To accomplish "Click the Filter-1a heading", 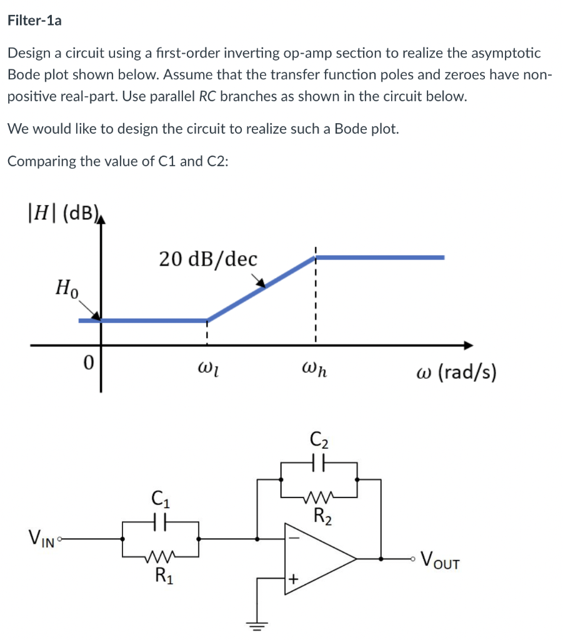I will [x=34, y=21].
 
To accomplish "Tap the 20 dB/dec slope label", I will [x=207, y=259].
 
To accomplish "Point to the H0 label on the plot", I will [x=67, y=289].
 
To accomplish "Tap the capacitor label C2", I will [x=318, y=440].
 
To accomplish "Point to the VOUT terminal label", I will [x=441, y=558].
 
